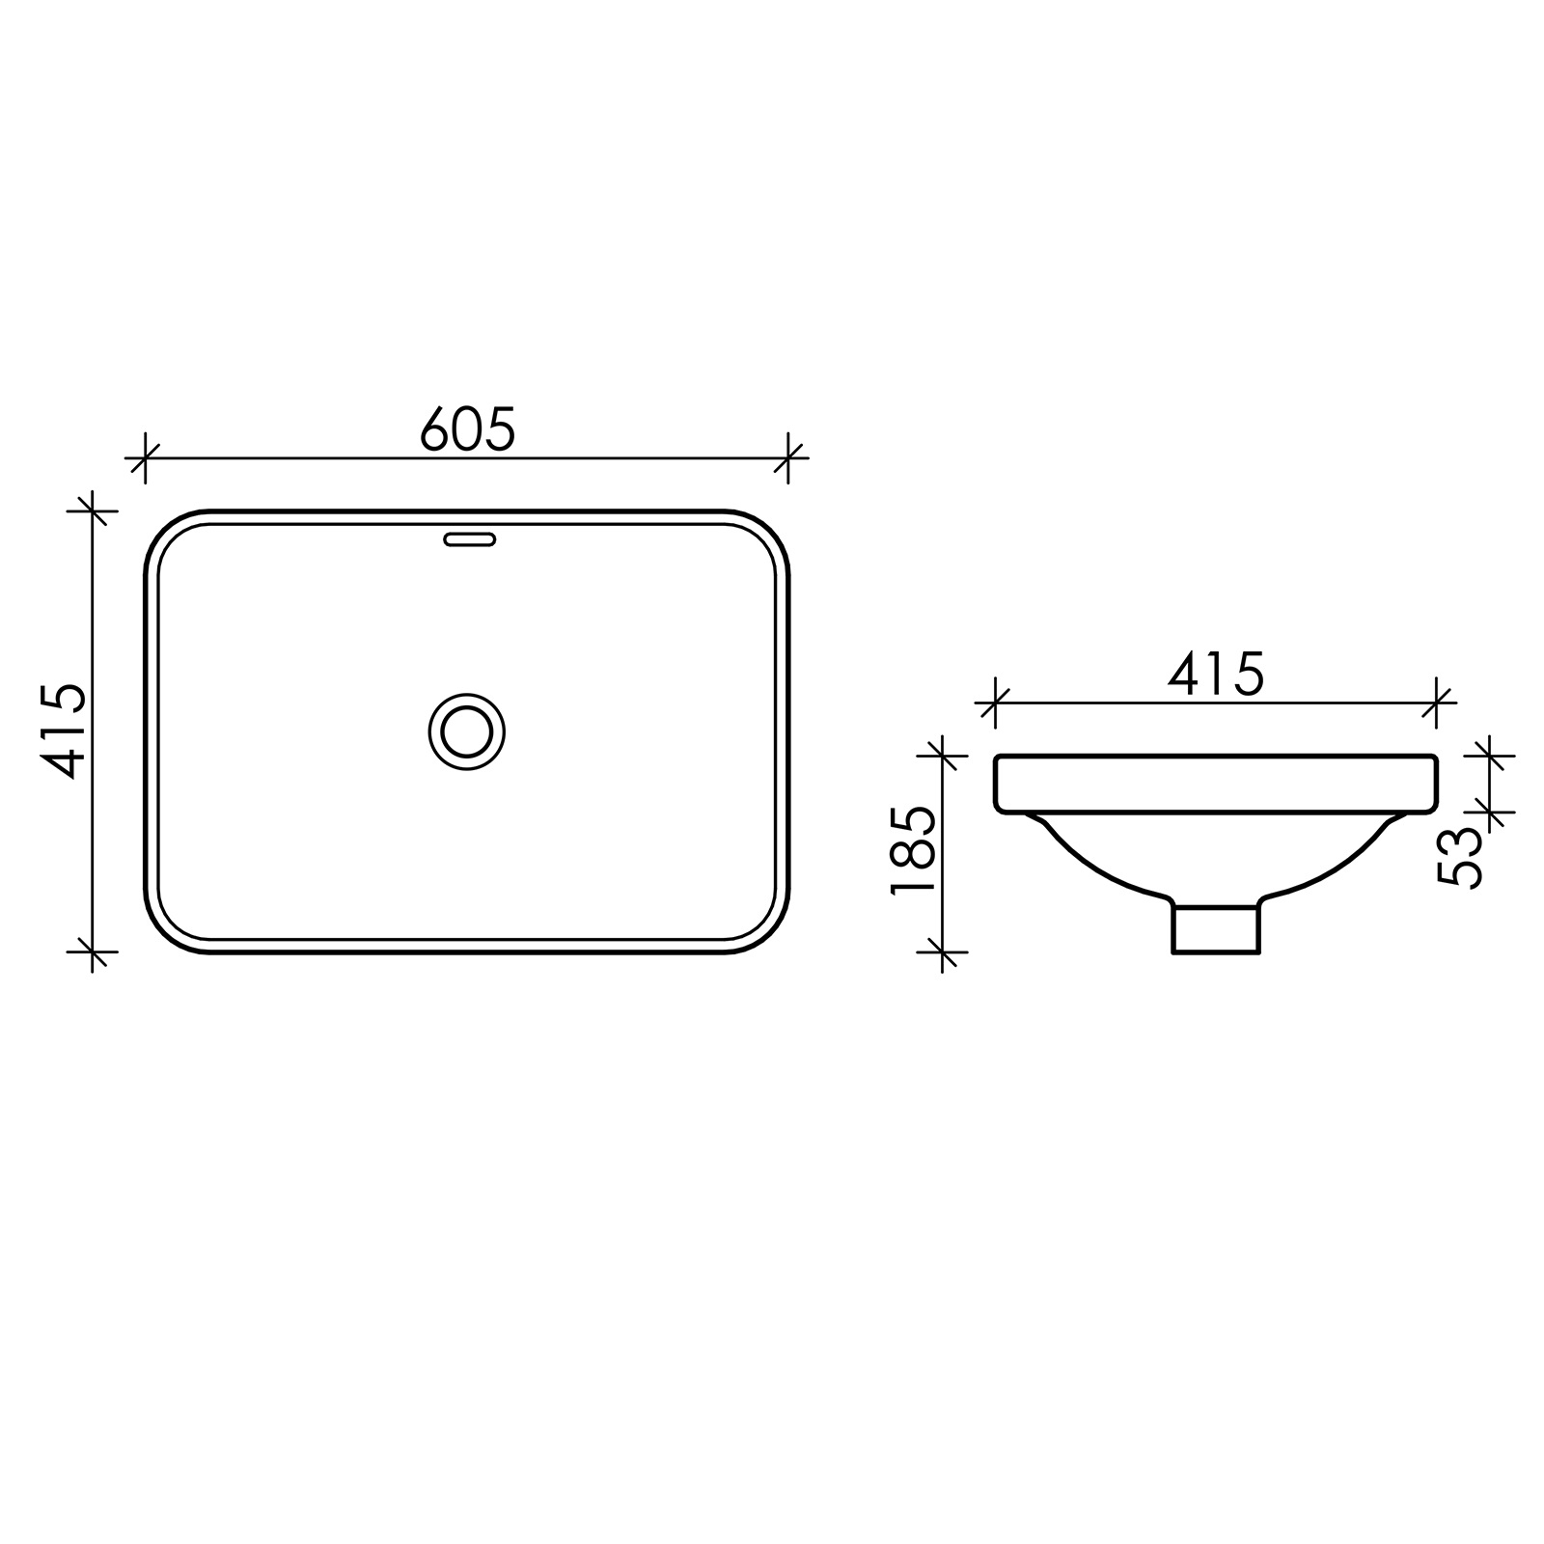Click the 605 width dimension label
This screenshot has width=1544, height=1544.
[468, 429]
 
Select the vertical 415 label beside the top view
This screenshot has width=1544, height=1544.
[65, 731]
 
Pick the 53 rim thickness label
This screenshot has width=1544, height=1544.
[1460, 856]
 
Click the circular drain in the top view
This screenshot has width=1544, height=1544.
[466, 731]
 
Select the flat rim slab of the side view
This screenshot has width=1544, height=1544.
[1216, 784]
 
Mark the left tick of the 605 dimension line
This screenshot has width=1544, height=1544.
[144, 457]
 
